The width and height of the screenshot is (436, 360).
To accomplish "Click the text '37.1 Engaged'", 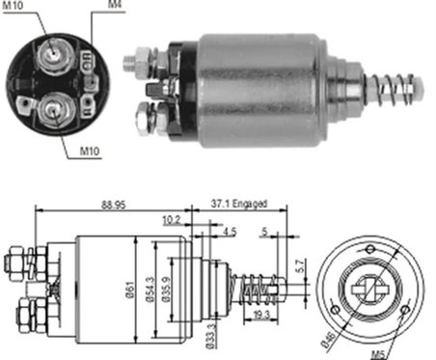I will point(237,206).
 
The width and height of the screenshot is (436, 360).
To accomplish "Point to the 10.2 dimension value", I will point(171,219).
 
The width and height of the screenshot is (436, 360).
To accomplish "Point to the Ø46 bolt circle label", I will point(332,339).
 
